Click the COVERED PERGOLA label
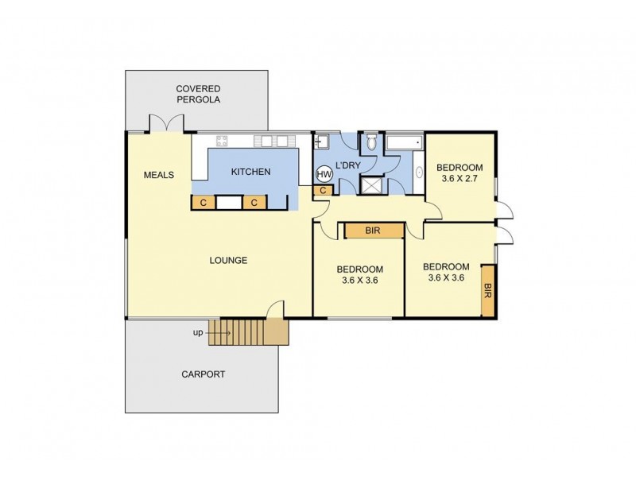(198, 94)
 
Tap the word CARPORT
(204, 374)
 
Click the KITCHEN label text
(250, 172)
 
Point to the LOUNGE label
(228, 260)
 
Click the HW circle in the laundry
(324, 174)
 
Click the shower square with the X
(371, 185)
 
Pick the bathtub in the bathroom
(405, 143)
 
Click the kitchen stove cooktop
(221, 142)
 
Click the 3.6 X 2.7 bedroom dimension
(460, 179)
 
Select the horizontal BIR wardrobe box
(373, 231)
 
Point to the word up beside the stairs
(198, 332)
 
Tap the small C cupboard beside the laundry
(324, 190)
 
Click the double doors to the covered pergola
(167, 123)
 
